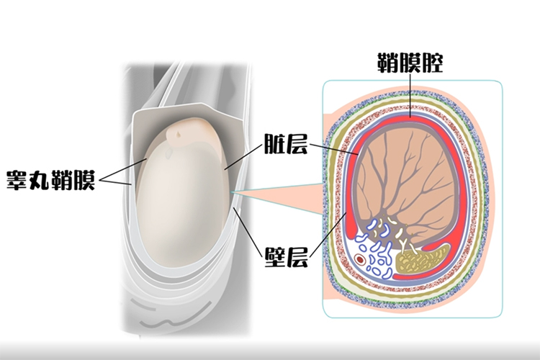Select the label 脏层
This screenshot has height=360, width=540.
pos(286,145)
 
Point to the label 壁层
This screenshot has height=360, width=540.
pos(286,256)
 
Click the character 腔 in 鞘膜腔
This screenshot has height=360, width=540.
pos(431,63)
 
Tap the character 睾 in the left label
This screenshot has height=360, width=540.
pos(17,179)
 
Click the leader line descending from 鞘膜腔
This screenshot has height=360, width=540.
pos(410,94)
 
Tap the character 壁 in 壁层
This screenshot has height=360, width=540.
pos(275,256)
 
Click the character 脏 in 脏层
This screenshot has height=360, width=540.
pos(275,145)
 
